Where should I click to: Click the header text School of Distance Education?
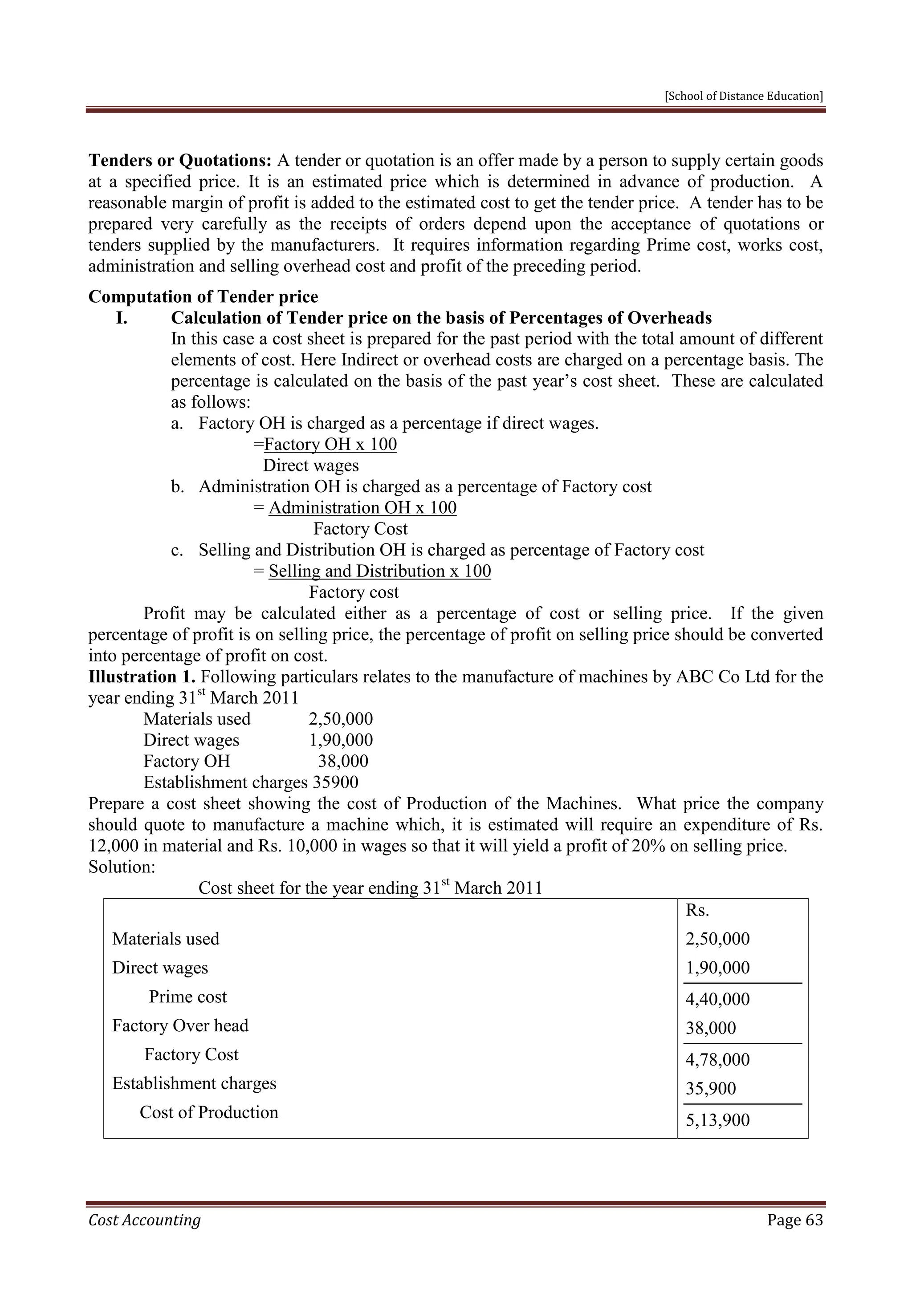click(744, 96)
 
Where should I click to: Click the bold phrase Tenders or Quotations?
click(180, 161)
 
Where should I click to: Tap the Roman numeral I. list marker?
click(122, 318)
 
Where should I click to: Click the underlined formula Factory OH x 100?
click(330, 444)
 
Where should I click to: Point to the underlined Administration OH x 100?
click(362, 507)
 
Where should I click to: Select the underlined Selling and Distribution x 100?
click(379, 571)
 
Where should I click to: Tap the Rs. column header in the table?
click(697, 910)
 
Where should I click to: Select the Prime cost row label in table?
click(187, 997)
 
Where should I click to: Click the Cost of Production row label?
click(209, 1112)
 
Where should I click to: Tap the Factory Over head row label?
click(180, 1025)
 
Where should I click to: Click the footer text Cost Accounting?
click(144, 1220)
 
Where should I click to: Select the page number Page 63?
click(794, 1220)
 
